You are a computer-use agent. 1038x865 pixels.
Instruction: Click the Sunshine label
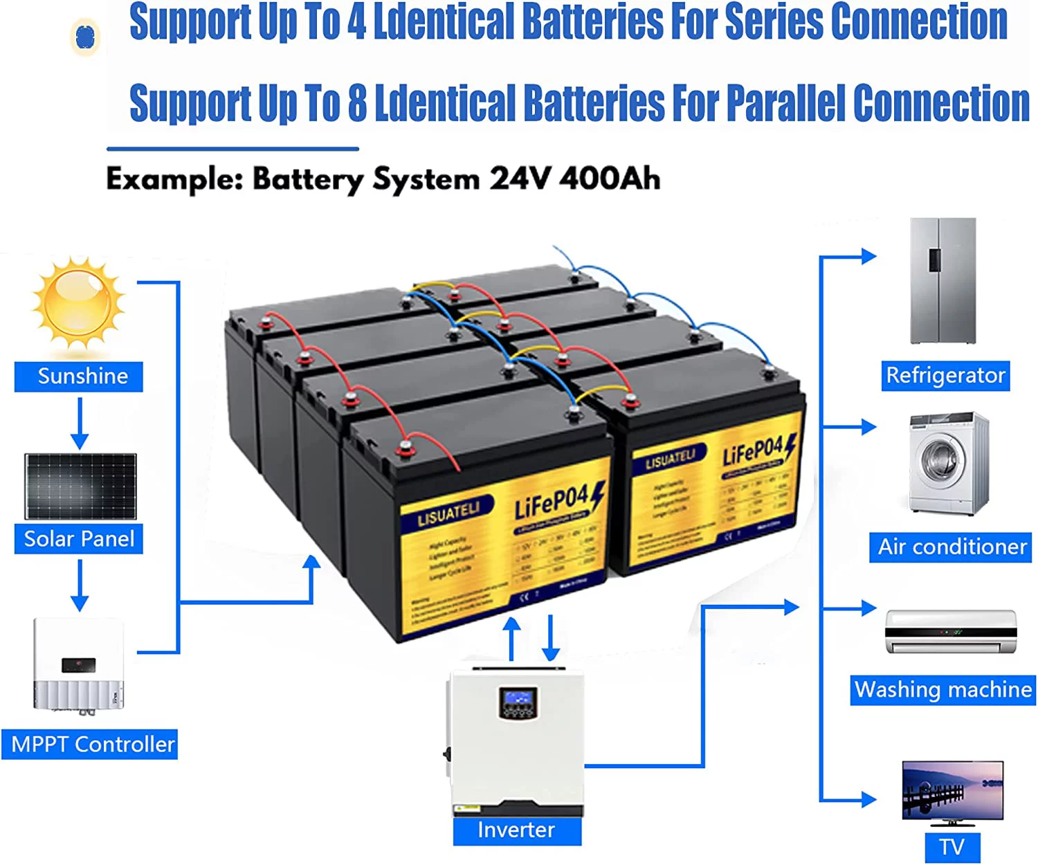point(79,376)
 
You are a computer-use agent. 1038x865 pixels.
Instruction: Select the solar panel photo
point(80,486)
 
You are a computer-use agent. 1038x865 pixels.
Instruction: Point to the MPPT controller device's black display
point(79,665)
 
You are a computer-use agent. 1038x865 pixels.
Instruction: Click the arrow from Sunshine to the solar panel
point(80,424)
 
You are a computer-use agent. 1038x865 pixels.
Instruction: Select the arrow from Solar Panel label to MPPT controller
point(80,585)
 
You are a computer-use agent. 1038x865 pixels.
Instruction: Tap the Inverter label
point(517,830)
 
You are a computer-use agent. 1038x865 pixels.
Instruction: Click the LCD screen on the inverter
point(518,699)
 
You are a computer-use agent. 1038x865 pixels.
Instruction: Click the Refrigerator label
point(945,376)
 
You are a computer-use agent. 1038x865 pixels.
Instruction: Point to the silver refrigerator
point(943,281)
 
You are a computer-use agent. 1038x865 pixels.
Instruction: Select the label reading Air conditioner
point(951,547)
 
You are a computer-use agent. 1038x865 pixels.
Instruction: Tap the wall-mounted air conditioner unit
point(951,631)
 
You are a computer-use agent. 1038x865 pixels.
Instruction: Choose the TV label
point(952,847)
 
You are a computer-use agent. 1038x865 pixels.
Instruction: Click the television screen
point(953,790)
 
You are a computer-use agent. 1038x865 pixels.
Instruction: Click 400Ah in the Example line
point(610,179)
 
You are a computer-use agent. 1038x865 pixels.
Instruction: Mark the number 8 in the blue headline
point(357,102)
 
